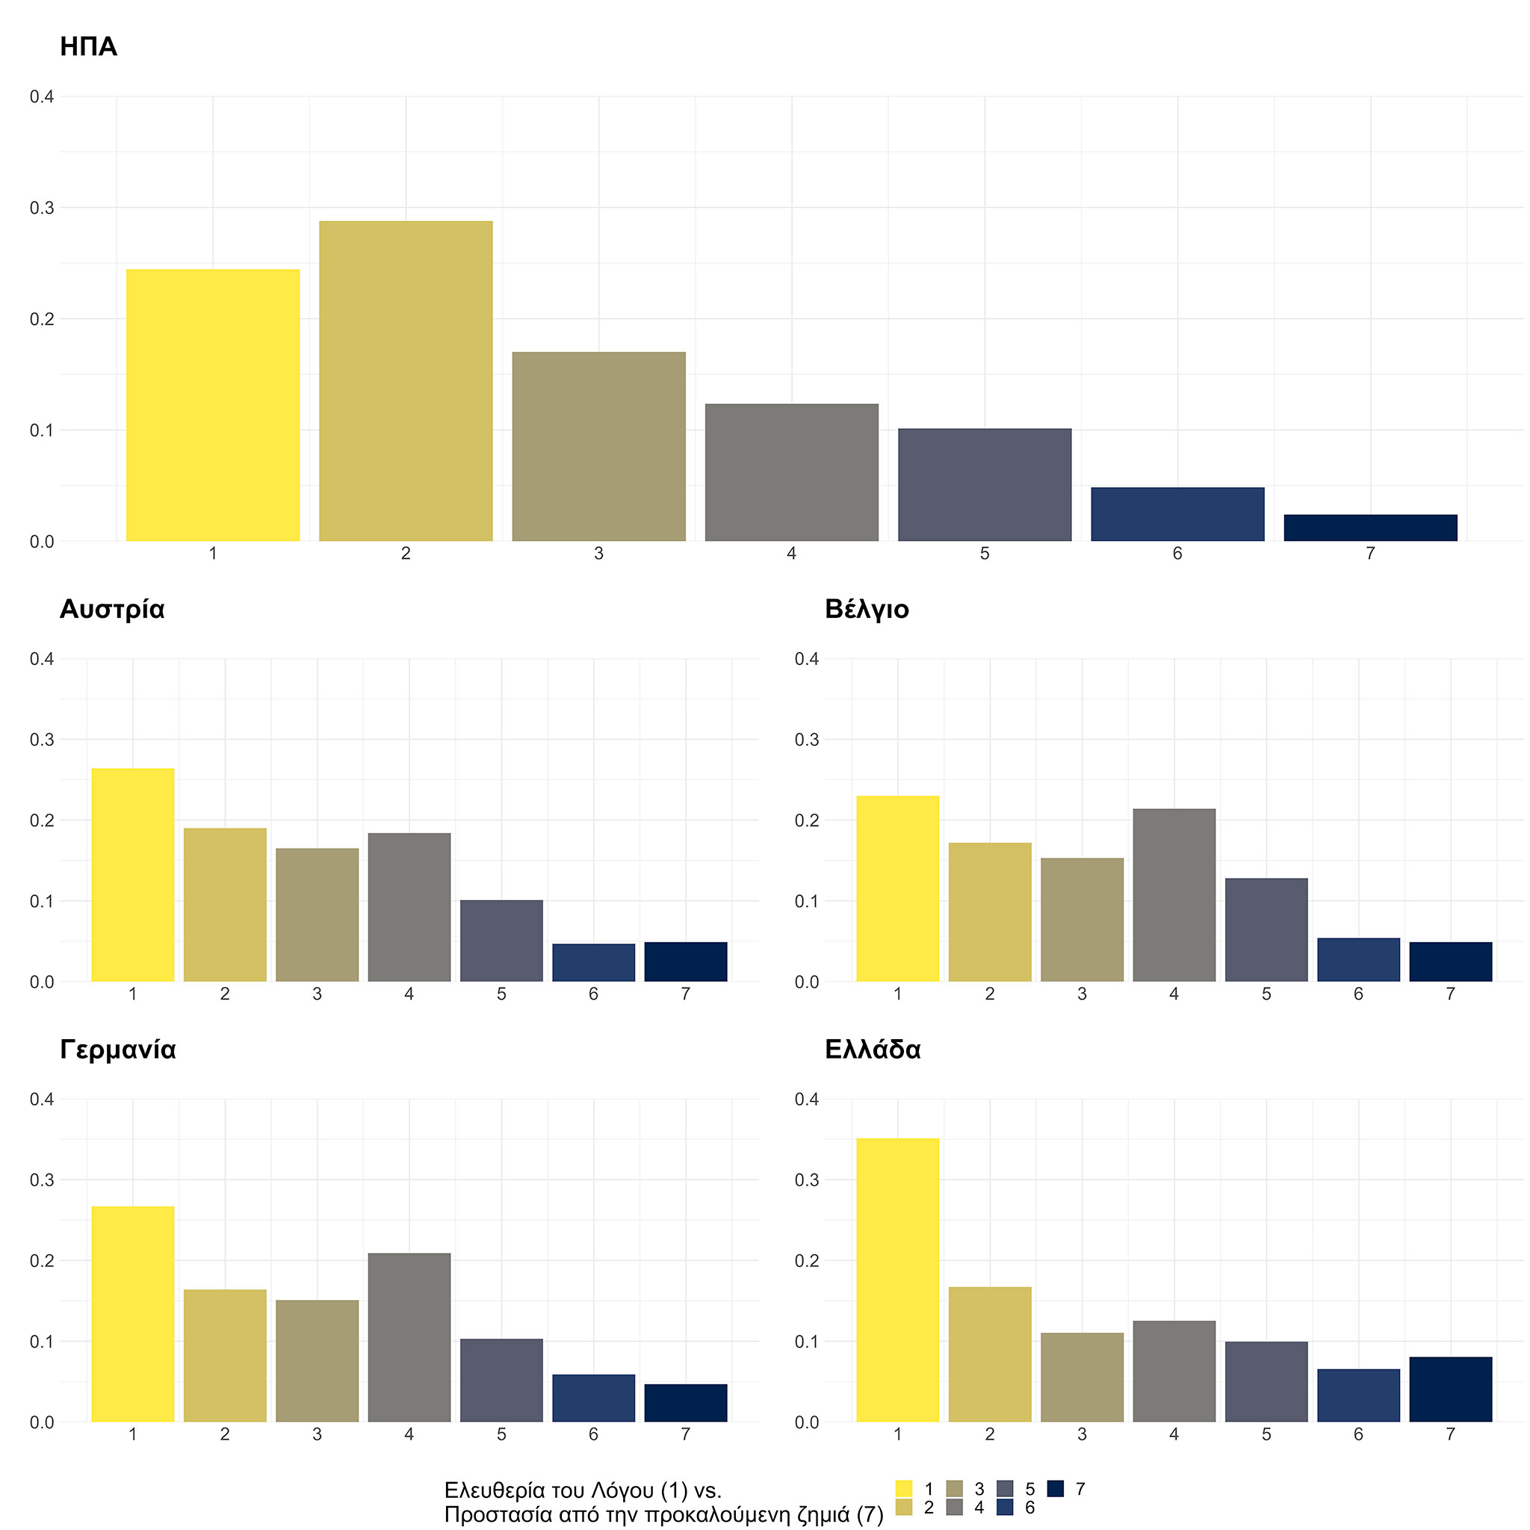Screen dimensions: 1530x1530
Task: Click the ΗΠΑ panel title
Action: point(89,48)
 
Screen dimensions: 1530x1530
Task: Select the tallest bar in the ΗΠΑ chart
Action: point(406,381)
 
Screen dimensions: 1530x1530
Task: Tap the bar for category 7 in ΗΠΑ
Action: point(1370,528)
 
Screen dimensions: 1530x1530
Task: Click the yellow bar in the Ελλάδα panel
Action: point(897,1280)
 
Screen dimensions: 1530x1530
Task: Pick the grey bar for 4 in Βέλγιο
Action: point(1174,895)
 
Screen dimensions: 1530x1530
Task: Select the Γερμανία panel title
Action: point(118,1050)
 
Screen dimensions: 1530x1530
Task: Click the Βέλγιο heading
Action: point(867,609)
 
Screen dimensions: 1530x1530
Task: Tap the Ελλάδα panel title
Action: point(873,1050)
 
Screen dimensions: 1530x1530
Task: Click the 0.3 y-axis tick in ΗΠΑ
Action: point(42,208)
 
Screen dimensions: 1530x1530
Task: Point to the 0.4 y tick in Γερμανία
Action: point(42,1099)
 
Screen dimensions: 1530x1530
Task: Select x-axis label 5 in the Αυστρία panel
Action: point(501,994)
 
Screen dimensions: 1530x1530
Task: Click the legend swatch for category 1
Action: point(904,1489)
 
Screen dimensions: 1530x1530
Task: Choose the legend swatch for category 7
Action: point(1055,1489)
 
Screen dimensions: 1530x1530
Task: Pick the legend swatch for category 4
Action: point(954,1507)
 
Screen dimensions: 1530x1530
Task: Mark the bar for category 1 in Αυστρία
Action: point(133,875)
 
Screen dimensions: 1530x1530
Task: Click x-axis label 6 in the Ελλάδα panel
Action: point(1358,1434)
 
